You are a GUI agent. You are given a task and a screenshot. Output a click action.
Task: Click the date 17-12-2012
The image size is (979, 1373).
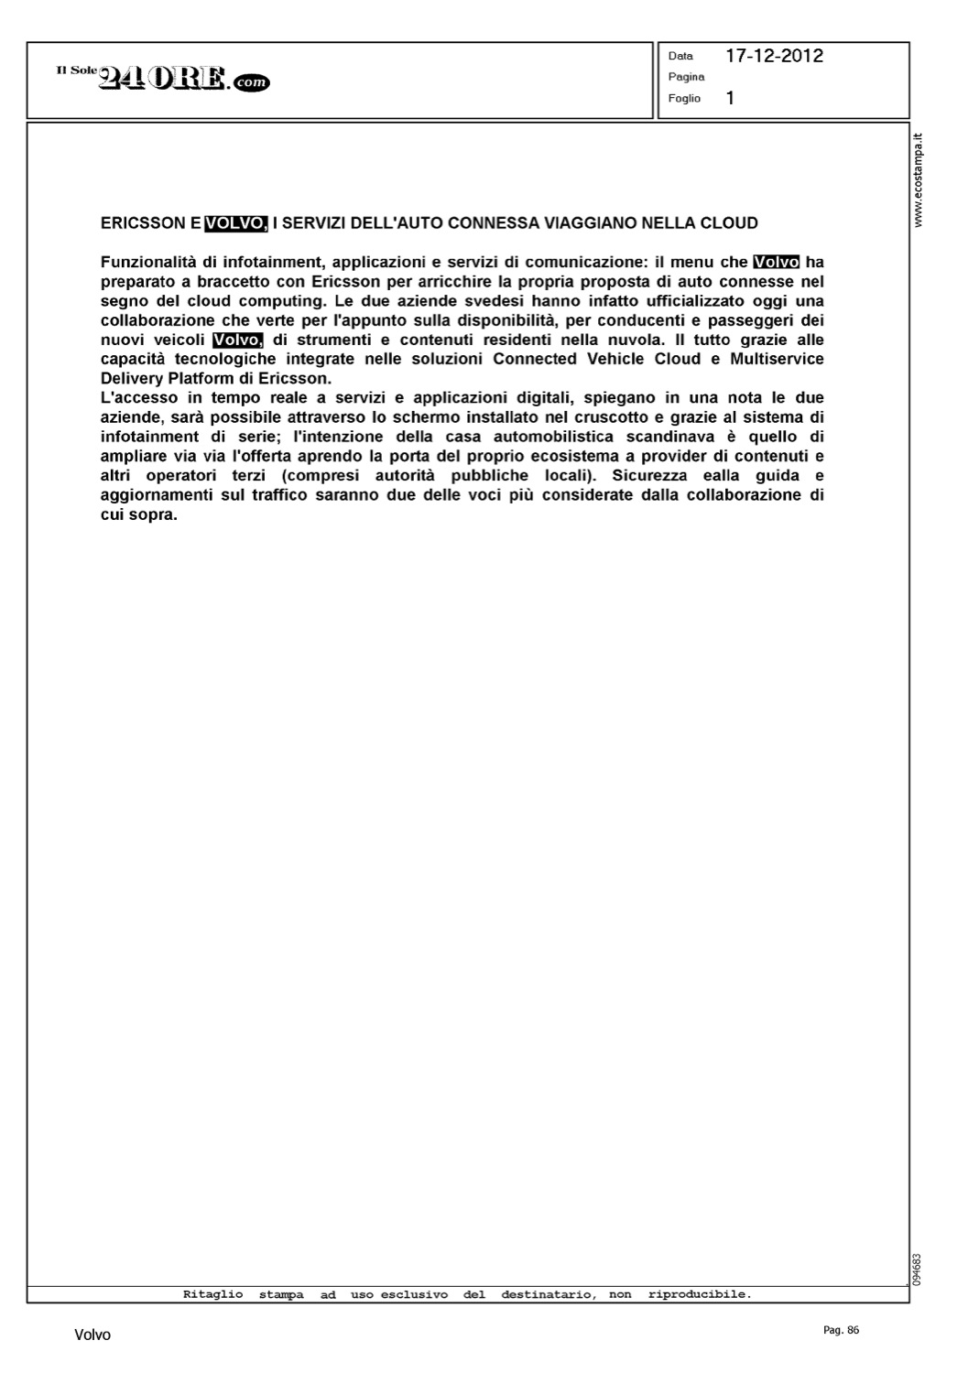pyautogui.click(x=774, y=56)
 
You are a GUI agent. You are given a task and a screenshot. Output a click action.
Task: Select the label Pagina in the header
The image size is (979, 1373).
pyautogui.click(x=686, y=77)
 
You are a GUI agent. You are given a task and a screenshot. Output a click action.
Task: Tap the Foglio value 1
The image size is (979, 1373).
pyautogui.click(x=730, y=98)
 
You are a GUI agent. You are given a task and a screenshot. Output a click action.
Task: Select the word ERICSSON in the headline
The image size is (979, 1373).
pyautogui.click(x=143, y=222)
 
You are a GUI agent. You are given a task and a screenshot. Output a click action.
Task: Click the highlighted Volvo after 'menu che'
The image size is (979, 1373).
pyautogui.click(x=776, y=262)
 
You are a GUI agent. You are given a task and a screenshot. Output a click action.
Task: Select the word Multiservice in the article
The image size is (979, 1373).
pyautogui.click(x=777, y=359)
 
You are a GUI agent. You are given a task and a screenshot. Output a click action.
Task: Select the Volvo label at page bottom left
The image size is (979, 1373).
pyautogui.click(x=92, y=1335)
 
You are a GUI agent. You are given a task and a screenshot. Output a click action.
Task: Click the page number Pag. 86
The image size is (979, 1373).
pyautogui.click(x=841, y=1331)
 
